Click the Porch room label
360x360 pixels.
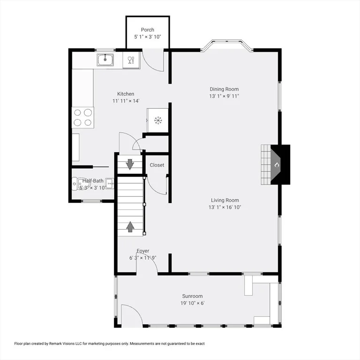tap(147, 30)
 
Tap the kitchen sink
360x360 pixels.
tap(105, 60)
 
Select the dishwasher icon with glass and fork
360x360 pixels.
tap(131, 60)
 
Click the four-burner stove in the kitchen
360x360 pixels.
tap(83, 118)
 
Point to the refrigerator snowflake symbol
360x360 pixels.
tap(157, 120)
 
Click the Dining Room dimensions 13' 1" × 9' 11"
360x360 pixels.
tap(224, 96)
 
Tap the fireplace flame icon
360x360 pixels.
tap(277, 165)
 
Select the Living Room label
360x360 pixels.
tap(225, 200)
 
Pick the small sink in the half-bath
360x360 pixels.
tap(110, 183)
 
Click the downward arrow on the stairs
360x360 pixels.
tap(130, 165)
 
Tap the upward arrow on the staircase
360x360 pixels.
tap(130, 226)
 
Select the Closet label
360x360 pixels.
tap(157, 165)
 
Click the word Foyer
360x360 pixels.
tap(143, 251)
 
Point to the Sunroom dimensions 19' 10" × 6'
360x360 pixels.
tap(192, 303)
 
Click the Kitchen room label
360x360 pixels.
tap(126, 94)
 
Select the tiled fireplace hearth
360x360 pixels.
tap(266, 165)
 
